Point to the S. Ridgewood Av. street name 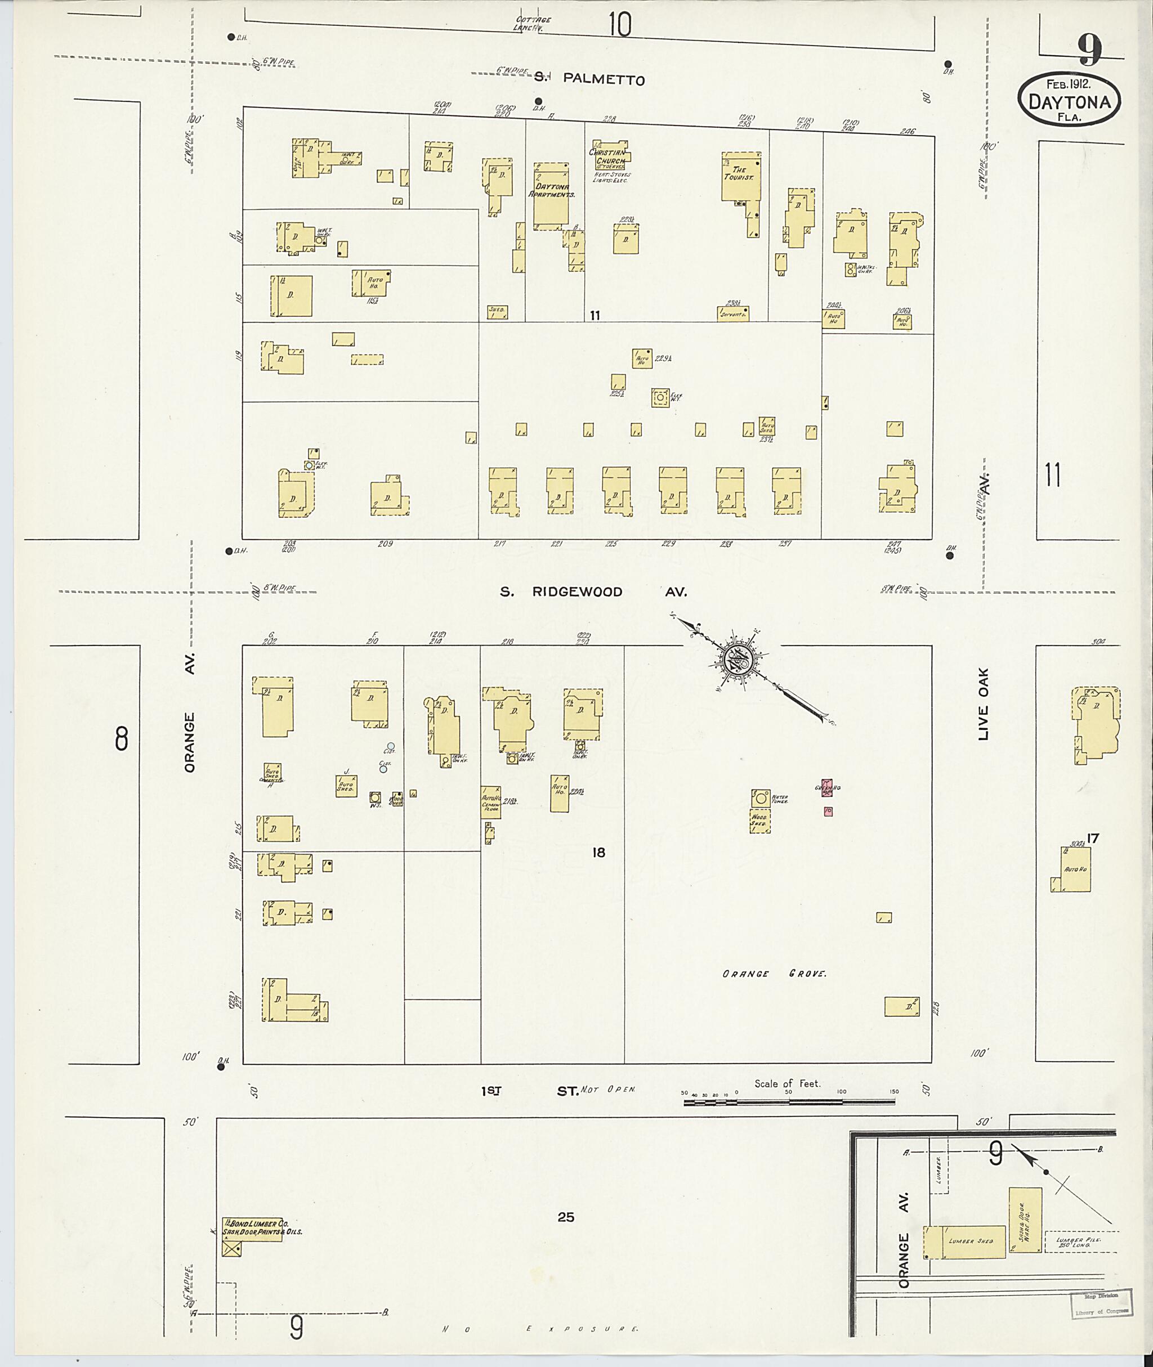[x=593, y=592]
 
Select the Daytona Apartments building [x=551, y=195]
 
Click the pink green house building [x=826, y=787]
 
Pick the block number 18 [x=598, y=852]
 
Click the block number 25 [x=566, y=1217]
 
